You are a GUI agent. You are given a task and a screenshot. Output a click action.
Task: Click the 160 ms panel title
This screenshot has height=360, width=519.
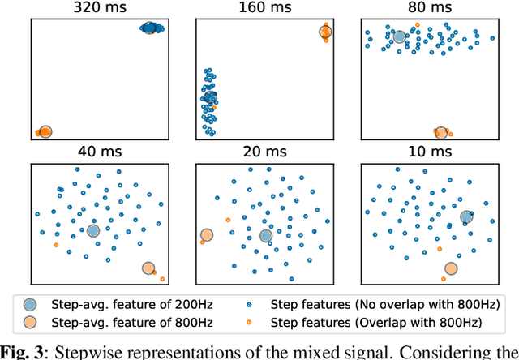tap(264, 7)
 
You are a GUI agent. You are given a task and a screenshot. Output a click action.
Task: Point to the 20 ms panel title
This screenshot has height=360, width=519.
tap(264, 152)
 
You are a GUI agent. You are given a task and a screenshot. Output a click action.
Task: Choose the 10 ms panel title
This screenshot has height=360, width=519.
tap(430, 152)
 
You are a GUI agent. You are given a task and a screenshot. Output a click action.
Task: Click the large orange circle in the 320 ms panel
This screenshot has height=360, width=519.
tap(45, 131)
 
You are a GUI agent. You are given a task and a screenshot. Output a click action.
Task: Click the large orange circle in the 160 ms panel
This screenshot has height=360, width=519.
tap(325, 32)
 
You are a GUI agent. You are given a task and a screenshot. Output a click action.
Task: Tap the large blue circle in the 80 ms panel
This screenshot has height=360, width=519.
tap(399, 36)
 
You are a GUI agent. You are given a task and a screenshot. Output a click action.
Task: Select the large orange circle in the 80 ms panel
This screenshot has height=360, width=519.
tap(440, 131)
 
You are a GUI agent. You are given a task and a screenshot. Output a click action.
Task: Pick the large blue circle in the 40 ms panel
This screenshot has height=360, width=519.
tap(93, 231)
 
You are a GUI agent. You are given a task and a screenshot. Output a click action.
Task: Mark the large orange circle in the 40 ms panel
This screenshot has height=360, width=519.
tap(148, 268)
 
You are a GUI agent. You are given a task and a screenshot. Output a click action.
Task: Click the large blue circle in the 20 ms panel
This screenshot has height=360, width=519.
tap(266, 236)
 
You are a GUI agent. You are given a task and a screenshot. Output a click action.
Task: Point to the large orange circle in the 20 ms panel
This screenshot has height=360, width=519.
tap(206, 236)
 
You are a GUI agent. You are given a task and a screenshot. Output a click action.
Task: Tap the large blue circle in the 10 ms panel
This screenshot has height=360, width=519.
tap(466, 216)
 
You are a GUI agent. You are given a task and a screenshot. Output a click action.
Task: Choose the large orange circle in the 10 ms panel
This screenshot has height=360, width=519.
tap(451, 268)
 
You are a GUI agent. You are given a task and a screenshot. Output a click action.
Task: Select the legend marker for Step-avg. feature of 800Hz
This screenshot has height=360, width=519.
tap(30, 323)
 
